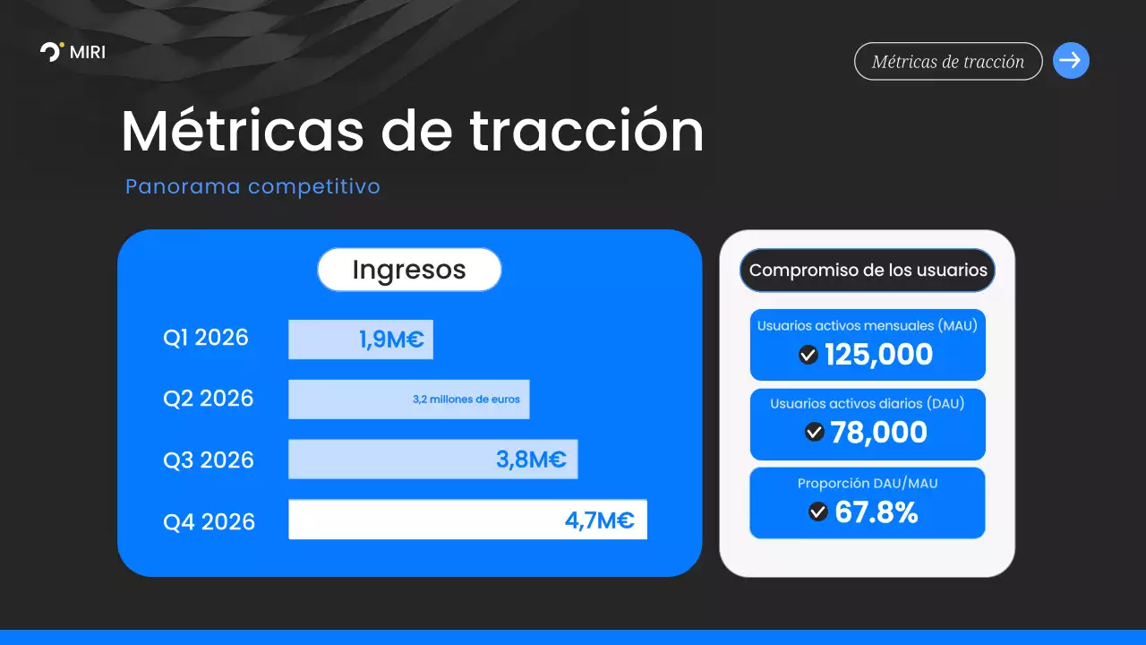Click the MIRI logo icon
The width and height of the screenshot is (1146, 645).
tap(51, 51)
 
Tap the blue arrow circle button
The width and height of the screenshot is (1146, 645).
tap(1071, 61)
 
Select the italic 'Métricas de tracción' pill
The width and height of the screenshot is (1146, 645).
tap(948, 62)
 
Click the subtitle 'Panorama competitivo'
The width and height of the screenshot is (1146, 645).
tap(252, 186)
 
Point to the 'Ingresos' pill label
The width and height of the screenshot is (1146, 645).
tap(409, 270)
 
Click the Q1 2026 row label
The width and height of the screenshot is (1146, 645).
tap(206, 338)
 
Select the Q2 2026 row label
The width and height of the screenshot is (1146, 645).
tap(209, 398)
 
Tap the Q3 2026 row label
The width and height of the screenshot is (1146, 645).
tap(209, 460)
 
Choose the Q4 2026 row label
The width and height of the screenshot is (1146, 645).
tap(209, 521)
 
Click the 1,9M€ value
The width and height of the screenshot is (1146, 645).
tap(391, 340)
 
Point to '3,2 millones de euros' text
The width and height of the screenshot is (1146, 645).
tap(466, 400)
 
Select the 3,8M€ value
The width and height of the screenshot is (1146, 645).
tap(531, 460)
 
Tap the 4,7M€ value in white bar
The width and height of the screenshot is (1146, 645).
tap(599, 520)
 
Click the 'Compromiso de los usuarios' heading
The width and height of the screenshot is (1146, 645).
tap(868, 270)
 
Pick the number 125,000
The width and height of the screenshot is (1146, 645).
tap(878, 355)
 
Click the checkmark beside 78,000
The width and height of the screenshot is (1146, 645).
tap(814, 432)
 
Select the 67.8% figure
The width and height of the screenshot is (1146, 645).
tap(876, 512)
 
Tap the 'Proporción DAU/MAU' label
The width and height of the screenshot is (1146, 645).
tap(868, 484)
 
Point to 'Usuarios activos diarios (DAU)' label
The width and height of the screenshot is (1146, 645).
tap(868, 404)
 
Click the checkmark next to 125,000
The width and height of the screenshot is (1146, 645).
tap(808, 356)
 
